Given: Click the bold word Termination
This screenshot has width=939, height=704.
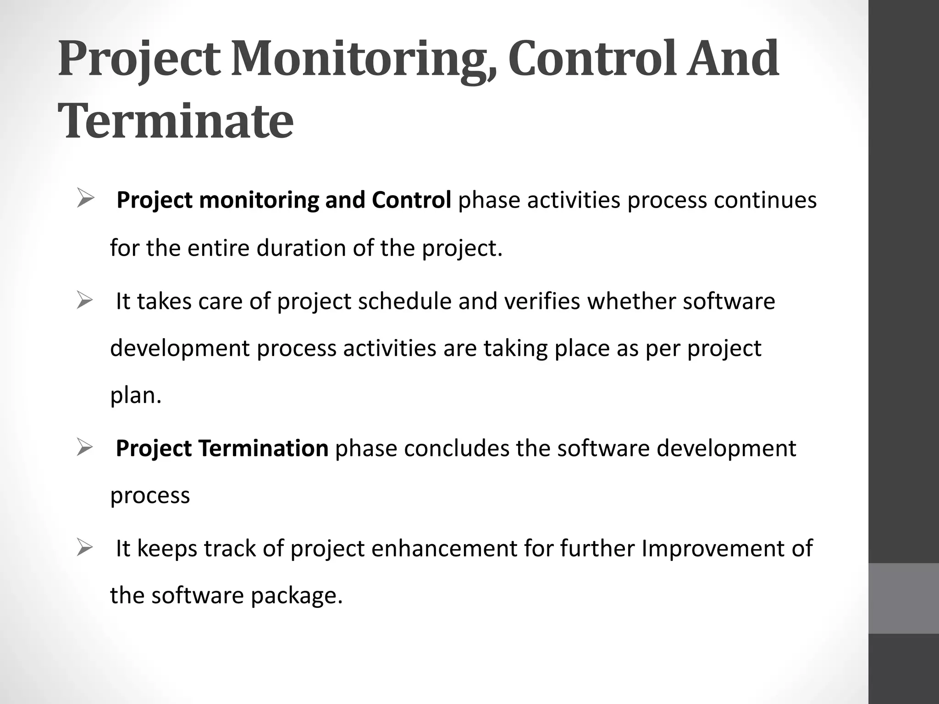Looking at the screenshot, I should coord(263,448).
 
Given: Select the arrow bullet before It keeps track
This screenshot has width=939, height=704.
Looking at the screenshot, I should coord(86,548).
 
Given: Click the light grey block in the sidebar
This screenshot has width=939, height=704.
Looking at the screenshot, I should coord(904,598).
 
